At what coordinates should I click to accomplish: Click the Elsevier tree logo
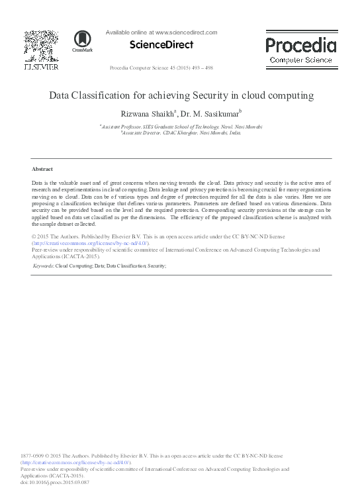pos(41,46)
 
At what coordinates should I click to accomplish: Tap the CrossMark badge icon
pos(83,42)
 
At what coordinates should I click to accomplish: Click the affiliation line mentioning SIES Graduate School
pos(181,126)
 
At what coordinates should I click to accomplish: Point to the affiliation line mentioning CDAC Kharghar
pos(181,132)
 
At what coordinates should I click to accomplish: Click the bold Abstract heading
pos(42,170)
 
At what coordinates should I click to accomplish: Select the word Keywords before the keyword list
pos(44,266)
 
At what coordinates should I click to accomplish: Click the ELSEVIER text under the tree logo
pos(41,66)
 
